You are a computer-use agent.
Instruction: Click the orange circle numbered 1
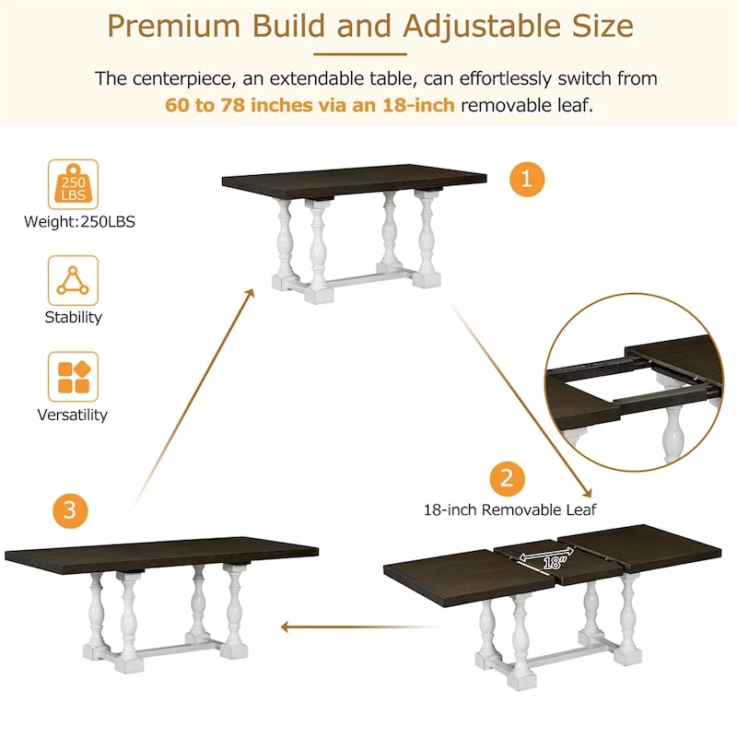click(526, 179)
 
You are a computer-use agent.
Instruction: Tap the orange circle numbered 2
click(506, 478)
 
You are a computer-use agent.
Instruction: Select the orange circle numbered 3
click(71, 509)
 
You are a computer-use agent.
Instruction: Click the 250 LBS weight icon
click(73, 184)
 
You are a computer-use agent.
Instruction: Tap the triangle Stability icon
click(73, 280)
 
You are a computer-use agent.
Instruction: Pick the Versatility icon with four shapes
click(73, 377)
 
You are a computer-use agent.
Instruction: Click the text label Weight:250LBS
click(73, 222)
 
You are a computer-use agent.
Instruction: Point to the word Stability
click(73, 317)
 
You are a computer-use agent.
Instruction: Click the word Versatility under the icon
click(73, 415)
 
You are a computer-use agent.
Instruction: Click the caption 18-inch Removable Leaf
click(509, 509)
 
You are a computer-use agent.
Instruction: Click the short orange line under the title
click(368, 53)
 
